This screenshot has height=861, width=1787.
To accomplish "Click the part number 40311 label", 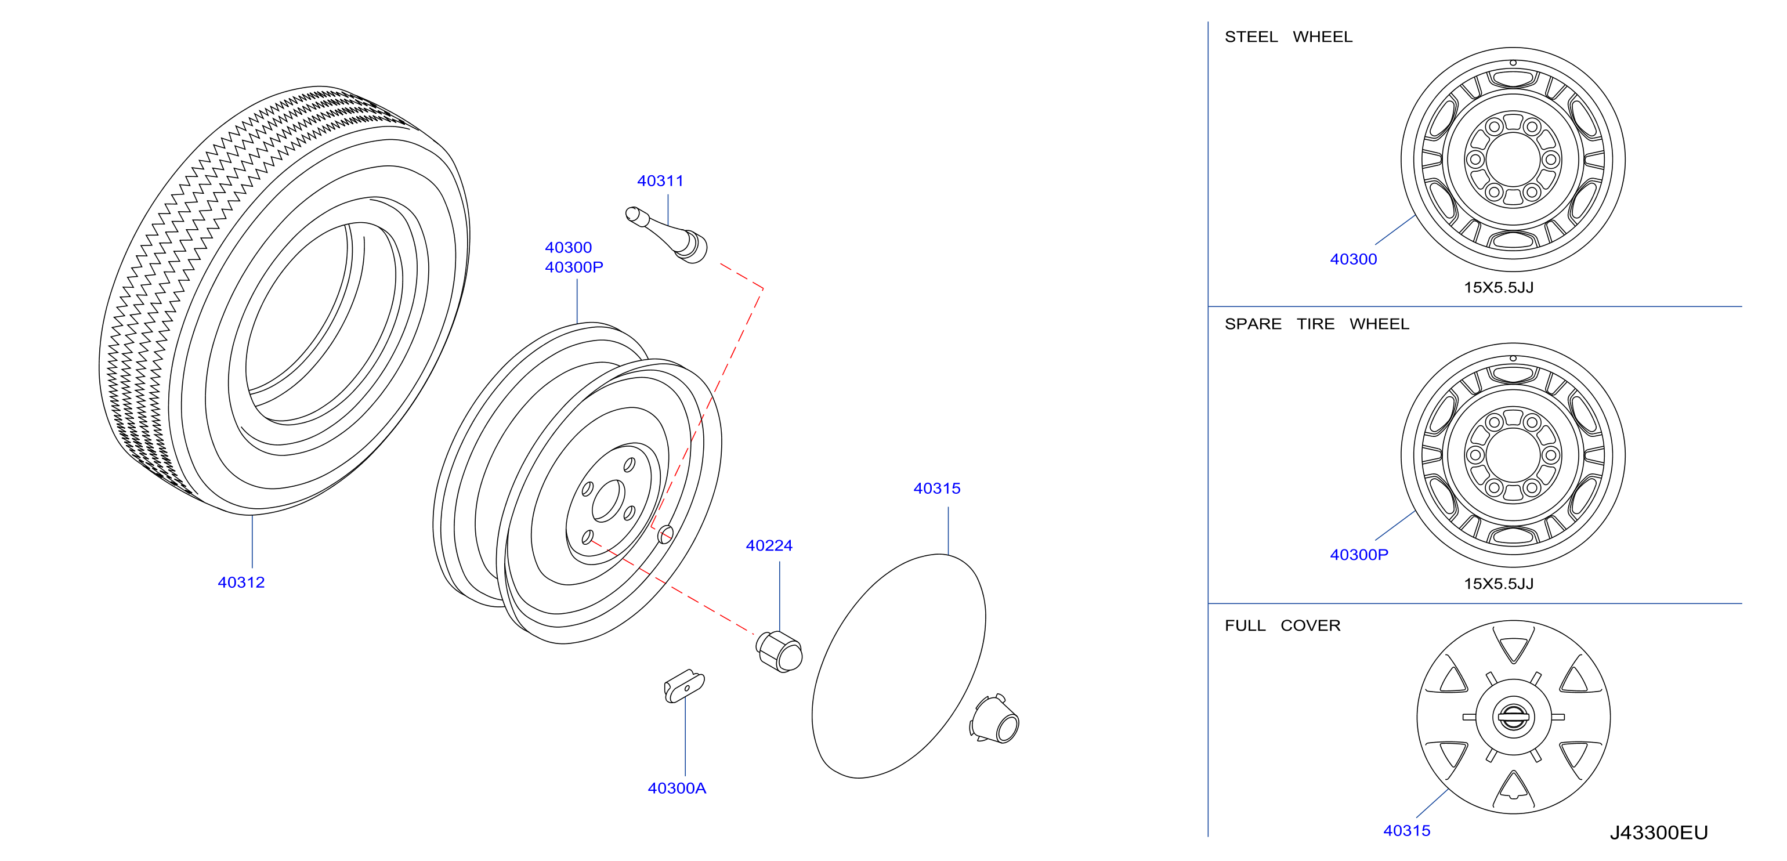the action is (x=660, y=181).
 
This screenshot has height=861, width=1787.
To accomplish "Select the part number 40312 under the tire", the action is (x=241, y=583).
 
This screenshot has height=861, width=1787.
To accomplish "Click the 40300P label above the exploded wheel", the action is (x=574, y=267).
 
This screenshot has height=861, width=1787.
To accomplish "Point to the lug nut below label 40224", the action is (x=779, y=652).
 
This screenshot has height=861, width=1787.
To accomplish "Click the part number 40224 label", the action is (x=769, y=546).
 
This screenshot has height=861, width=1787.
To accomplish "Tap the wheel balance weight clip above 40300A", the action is (x=684, y=686).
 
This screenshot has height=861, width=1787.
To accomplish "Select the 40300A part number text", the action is (x=677, y=788).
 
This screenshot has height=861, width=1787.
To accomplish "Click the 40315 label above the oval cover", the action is (x=936, y=489).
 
